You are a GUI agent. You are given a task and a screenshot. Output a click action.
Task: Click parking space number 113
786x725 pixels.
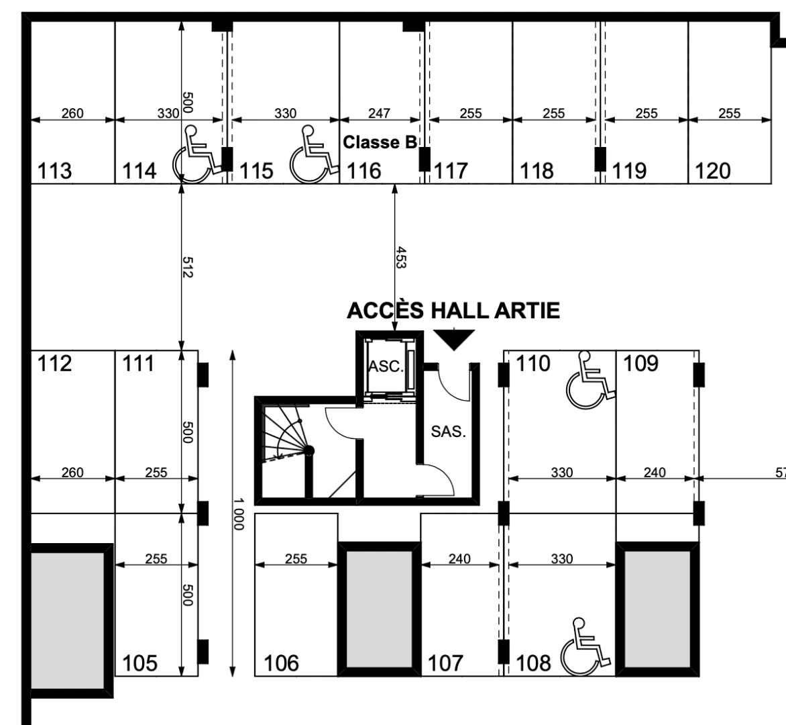[x=55, y=171]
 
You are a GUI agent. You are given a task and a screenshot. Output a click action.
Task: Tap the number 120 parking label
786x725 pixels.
[x=712, y=171]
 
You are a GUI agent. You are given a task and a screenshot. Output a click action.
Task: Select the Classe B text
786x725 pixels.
[x=380, y=142]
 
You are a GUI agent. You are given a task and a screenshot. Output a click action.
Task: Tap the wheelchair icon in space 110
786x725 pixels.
[x=589, y=381]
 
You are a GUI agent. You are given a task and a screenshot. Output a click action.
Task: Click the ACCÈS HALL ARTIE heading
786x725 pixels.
[x=453, y=311]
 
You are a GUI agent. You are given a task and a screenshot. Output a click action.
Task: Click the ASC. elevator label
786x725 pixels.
[x=386, y=367]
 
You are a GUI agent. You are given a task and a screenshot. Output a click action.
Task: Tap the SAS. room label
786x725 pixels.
[x=448, y=432]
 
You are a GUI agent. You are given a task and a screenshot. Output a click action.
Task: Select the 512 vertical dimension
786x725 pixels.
[x=188, y=267]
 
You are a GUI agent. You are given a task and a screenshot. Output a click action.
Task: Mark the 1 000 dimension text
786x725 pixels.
[x=240, y=514]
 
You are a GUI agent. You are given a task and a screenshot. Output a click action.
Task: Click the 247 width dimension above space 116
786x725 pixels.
[x=379, y=113]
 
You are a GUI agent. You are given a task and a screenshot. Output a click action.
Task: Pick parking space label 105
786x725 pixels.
[x=139, y=663]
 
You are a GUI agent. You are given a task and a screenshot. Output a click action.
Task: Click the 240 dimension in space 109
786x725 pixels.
[x=654, y=473]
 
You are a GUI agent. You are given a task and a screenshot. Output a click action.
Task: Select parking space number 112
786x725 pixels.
[x=55, y=364]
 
